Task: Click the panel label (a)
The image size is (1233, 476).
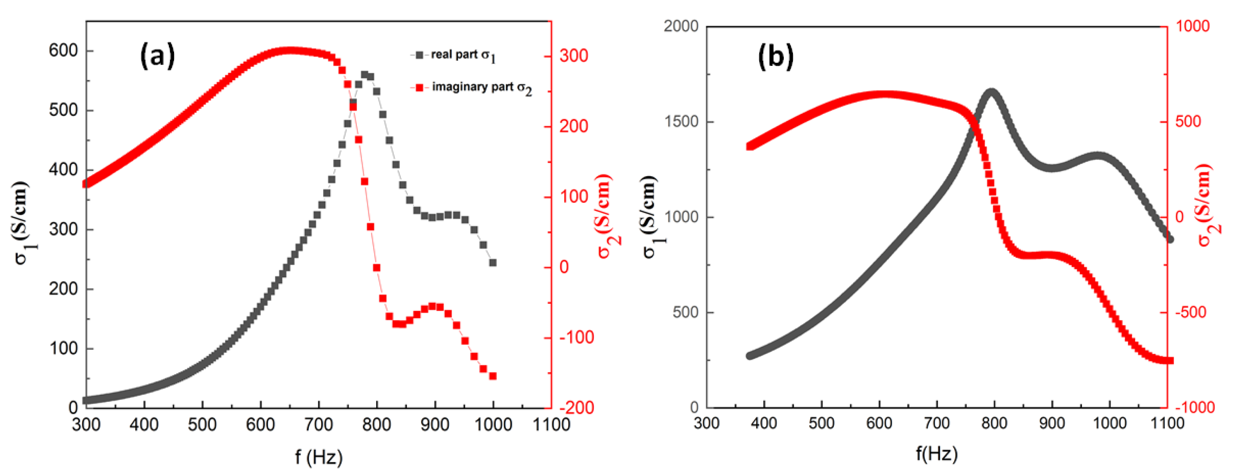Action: click(157, 56)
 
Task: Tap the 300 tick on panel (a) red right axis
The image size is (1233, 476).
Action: click(573, 56)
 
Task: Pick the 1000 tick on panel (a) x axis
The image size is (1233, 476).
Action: click(493, 424)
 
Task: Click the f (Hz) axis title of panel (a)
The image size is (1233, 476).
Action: click(319, 457)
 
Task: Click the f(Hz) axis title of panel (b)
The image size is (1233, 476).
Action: click(937, 453)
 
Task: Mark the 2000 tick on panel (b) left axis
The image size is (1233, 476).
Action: click(681, 26)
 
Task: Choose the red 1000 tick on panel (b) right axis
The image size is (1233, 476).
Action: click(1192, 26)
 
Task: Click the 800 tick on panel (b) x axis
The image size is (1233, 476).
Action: click(994, 423)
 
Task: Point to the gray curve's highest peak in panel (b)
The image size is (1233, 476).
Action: click(991, 92)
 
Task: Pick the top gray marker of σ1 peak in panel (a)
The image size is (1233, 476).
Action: click(365, 75)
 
